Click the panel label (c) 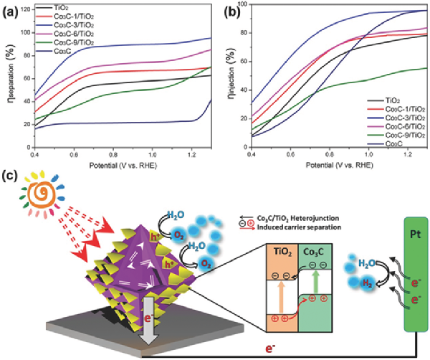tap(10, 177)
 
